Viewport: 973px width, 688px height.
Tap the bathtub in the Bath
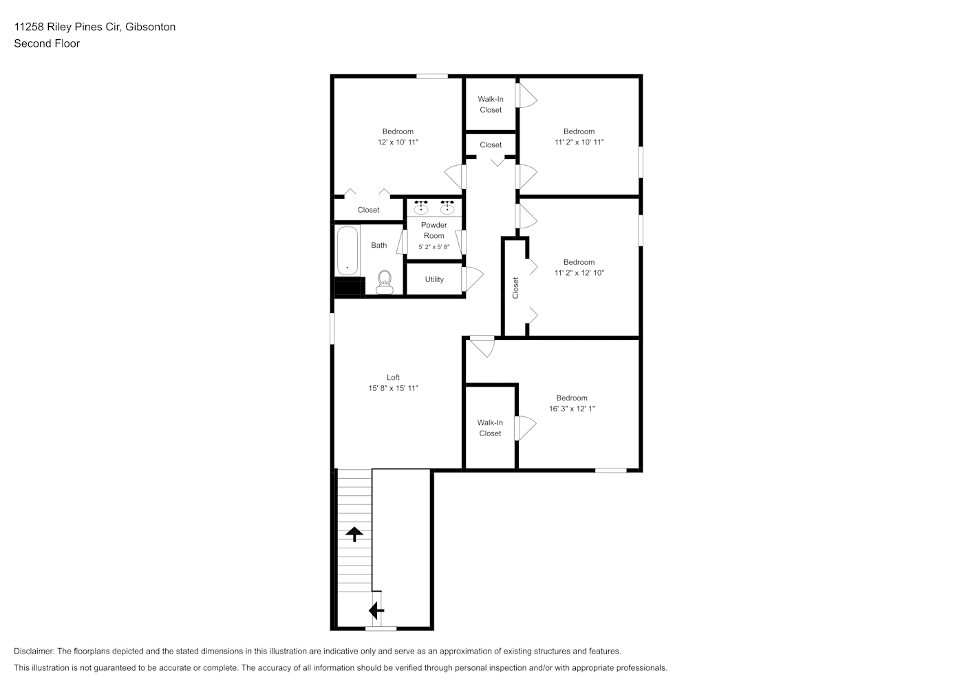(x=347, y=250)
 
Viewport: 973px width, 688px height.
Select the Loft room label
(x=393, y=378)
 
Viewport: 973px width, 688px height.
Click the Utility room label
(x=434, y=279)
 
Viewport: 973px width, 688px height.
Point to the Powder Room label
(x=434, y=230)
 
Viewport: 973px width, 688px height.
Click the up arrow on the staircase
(x=354, y=534)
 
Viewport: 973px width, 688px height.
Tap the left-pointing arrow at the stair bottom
(x=376, y=611)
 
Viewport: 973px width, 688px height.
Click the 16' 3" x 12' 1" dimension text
(x=572, y=409)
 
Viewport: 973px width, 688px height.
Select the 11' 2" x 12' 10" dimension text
(x=579, y=272)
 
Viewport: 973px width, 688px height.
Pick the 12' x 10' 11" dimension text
(x=398, y=142)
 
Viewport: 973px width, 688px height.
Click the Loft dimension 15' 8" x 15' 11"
(x=393, y=388)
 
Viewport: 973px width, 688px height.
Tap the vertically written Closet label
(x=515, y=288)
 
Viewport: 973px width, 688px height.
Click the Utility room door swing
(x=472, y=279)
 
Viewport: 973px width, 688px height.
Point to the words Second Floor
(x=47, y=43)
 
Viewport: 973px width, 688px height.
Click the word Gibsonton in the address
(x=150, y=27)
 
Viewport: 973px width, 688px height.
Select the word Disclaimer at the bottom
(x=34, y=651)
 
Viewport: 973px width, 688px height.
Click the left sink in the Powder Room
(x=420, y=208)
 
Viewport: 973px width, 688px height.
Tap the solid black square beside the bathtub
(x=348, y=287)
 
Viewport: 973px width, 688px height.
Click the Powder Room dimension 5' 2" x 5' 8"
(x=434, y=247)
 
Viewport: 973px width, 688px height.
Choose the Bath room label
(x=378, y=246)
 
